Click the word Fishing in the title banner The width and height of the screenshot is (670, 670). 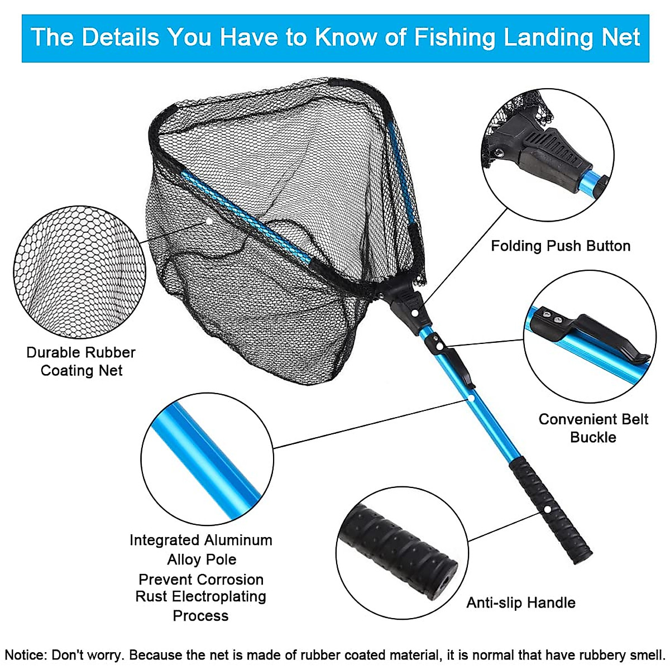[454, 37]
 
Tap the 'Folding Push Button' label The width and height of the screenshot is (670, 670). [561, 246]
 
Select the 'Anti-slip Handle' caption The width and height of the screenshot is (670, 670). [521, 603]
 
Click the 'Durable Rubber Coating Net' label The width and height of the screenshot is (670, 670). [81, 361]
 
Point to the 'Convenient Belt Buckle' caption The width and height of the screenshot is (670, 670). [593, 428]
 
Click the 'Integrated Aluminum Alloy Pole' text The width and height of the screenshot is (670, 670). [201, 549]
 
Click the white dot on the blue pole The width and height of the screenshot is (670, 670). [472, 399]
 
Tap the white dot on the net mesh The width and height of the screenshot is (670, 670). [209, 221]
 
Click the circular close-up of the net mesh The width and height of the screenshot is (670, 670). [79, 272]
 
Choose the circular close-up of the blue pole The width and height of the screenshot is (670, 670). [207, 459]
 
